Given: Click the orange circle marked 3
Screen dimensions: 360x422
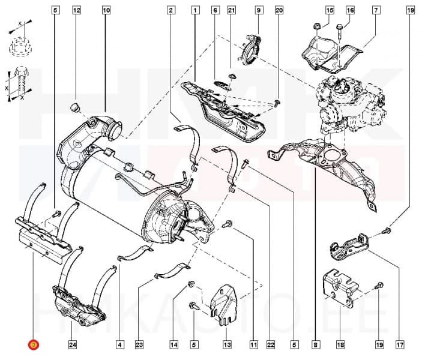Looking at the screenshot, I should point(33,344).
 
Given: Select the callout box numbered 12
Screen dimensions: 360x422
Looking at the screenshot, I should point(76,10).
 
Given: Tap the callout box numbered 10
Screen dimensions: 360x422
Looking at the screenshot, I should point(106,10).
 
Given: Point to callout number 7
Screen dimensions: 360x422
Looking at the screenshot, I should point(376,10).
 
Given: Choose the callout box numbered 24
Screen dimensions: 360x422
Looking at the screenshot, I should point(72,344).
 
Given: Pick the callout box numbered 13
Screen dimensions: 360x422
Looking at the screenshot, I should point(227,344).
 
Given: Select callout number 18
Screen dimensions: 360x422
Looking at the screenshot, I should point(340,344).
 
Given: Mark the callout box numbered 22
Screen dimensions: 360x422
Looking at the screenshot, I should point(270,344).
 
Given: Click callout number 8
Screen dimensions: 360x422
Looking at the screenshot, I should point(315,344).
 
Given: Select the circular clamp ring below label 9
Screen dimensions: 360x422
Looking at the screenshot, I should point(249,50).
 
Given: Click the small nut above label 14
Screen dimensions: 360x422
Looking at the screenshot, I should point(191,284).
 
